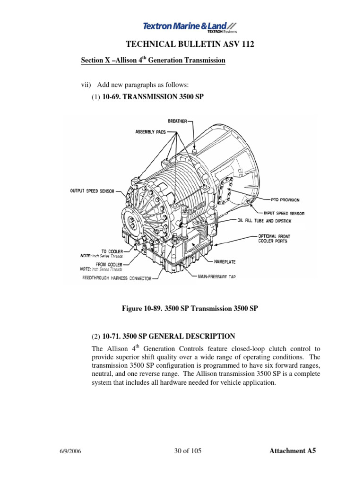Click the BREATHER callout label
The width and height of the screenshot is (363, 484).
point(177,121)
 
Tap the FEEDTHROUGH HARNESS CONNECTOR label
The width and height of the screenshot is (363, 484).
point(111,279)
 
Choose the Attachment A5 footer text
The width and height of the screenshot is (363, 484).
point(292,451)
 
